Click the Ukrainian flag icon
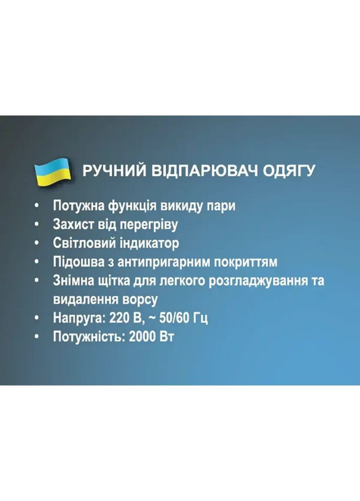click(52, 171)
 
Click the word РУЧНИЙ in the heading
click(114, 171)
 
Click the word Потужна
click(78, 206)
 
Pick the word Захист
click(71, 225)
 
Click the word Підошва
click(77, 262)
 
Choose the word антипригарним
click(161, 262)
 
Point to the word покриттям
click(247, 262)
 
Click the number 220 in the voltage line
click(119, 318)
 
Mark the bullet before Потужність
click(37, 337)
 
